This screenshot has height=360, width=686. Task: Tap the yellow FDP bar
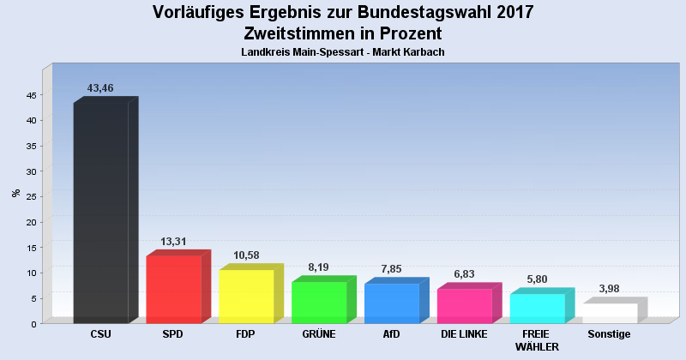click(x=246, y=297)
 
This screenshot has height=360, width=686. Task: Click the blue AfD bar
click(x=392, y=303)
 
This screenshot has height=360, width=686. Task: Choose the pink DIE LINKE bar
click(x=465, y=306)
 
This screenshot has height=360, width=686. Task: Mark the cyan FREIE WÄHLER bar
click(x=538, y=309)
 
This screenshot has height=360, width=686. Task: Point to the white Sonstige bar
click(x=611, y=313)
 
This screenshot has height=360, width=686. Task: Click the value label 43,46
click(x=101, y=88)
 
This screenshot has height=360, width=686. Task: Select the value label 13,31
click(x=173, y=242)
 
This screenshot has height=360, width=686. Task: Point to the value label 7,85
click(x=392, y=269)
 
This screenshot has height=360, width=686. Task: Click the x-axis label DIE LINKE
click(x=465, y=334)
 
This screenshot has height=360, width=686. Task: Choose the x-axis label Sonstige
click(x=610, y=334)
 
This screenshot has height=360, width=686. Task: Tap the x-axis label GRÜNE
click(x=319, y=334)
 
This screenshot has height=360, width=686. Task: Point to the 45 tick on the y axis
click(x=30, y=95)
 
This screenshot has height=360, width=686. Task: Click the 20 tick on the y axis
click(x=30, y=222)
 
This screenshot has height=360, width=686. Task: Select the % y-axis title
click(x=16, y=193)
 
